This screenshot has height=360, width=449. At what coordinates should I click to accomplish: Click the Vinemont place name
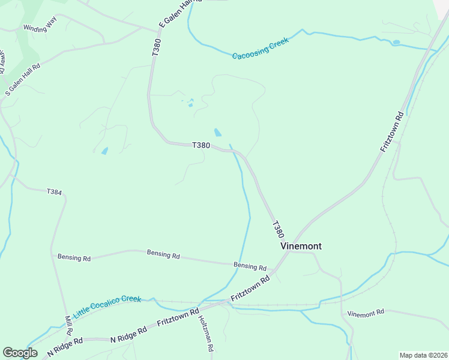click(301, 246)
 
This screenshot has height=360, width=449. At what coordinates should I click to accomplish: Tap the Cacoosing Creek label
click(261, 48)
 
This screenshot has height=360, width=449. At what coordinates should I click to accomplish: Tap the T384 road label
click(55, 191)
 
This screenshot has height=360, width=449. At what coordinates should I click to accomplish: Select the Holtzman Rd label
click(206, 334)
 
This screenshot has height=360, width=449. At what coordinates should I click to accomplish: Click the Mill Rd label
click(68, 325)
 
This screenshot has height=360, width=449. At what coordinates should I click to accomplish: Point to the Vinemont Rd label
click(366, 313)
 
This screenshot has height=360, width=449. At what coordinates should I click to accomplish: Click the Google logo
click(20, 353)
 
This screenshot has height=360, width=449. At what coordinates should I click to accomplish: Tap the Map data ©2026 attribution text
click(423, 355)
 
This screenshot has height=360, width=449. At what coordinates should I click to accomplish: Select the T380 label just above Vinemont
click(277, 230)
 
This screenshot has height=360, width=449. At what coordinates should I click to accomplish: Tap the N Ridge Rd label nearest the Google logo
click(64, 346)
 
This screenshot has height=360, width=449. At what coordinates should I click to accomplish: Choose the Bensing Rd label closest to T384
click(74, 257)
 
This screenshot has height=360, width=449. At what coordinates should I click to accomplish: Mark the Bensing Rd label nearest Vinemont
click(250, 266)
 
